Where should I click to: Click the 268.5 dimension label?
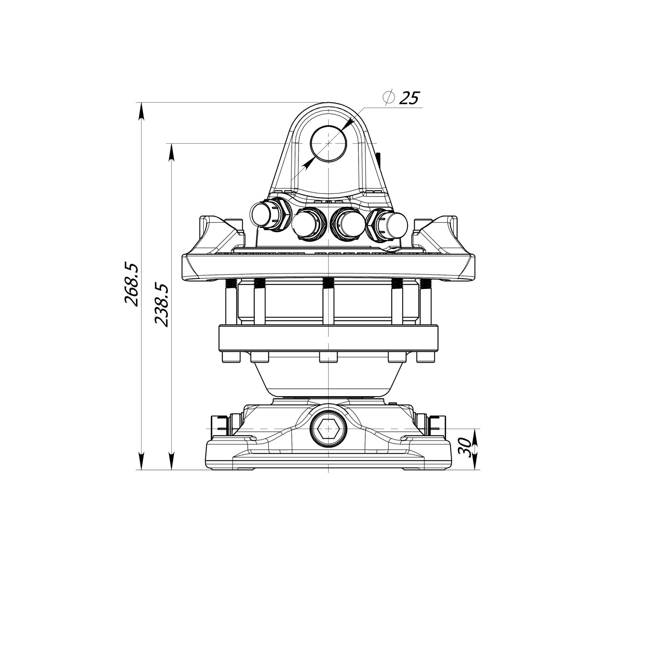click(132, 284)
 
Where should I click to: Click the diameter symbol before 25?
click(388, 97)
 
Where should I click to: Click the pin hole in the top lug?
click(328, 143)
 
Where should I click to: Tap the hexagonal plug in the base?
click(328, 429)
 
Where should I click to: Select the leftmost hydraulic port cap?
click(261, 213)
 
